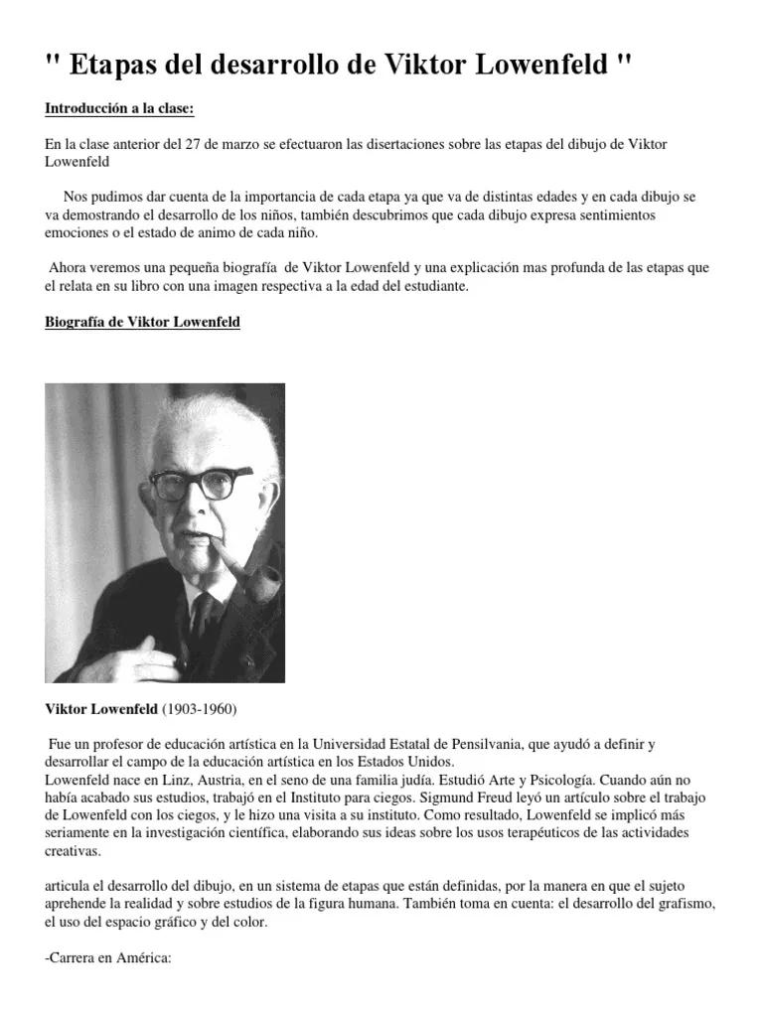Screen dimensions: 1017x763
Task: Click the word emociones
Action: (78, 232)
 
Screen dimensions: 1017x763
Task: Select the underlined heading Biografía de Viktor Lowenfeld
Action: (142, 323)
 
